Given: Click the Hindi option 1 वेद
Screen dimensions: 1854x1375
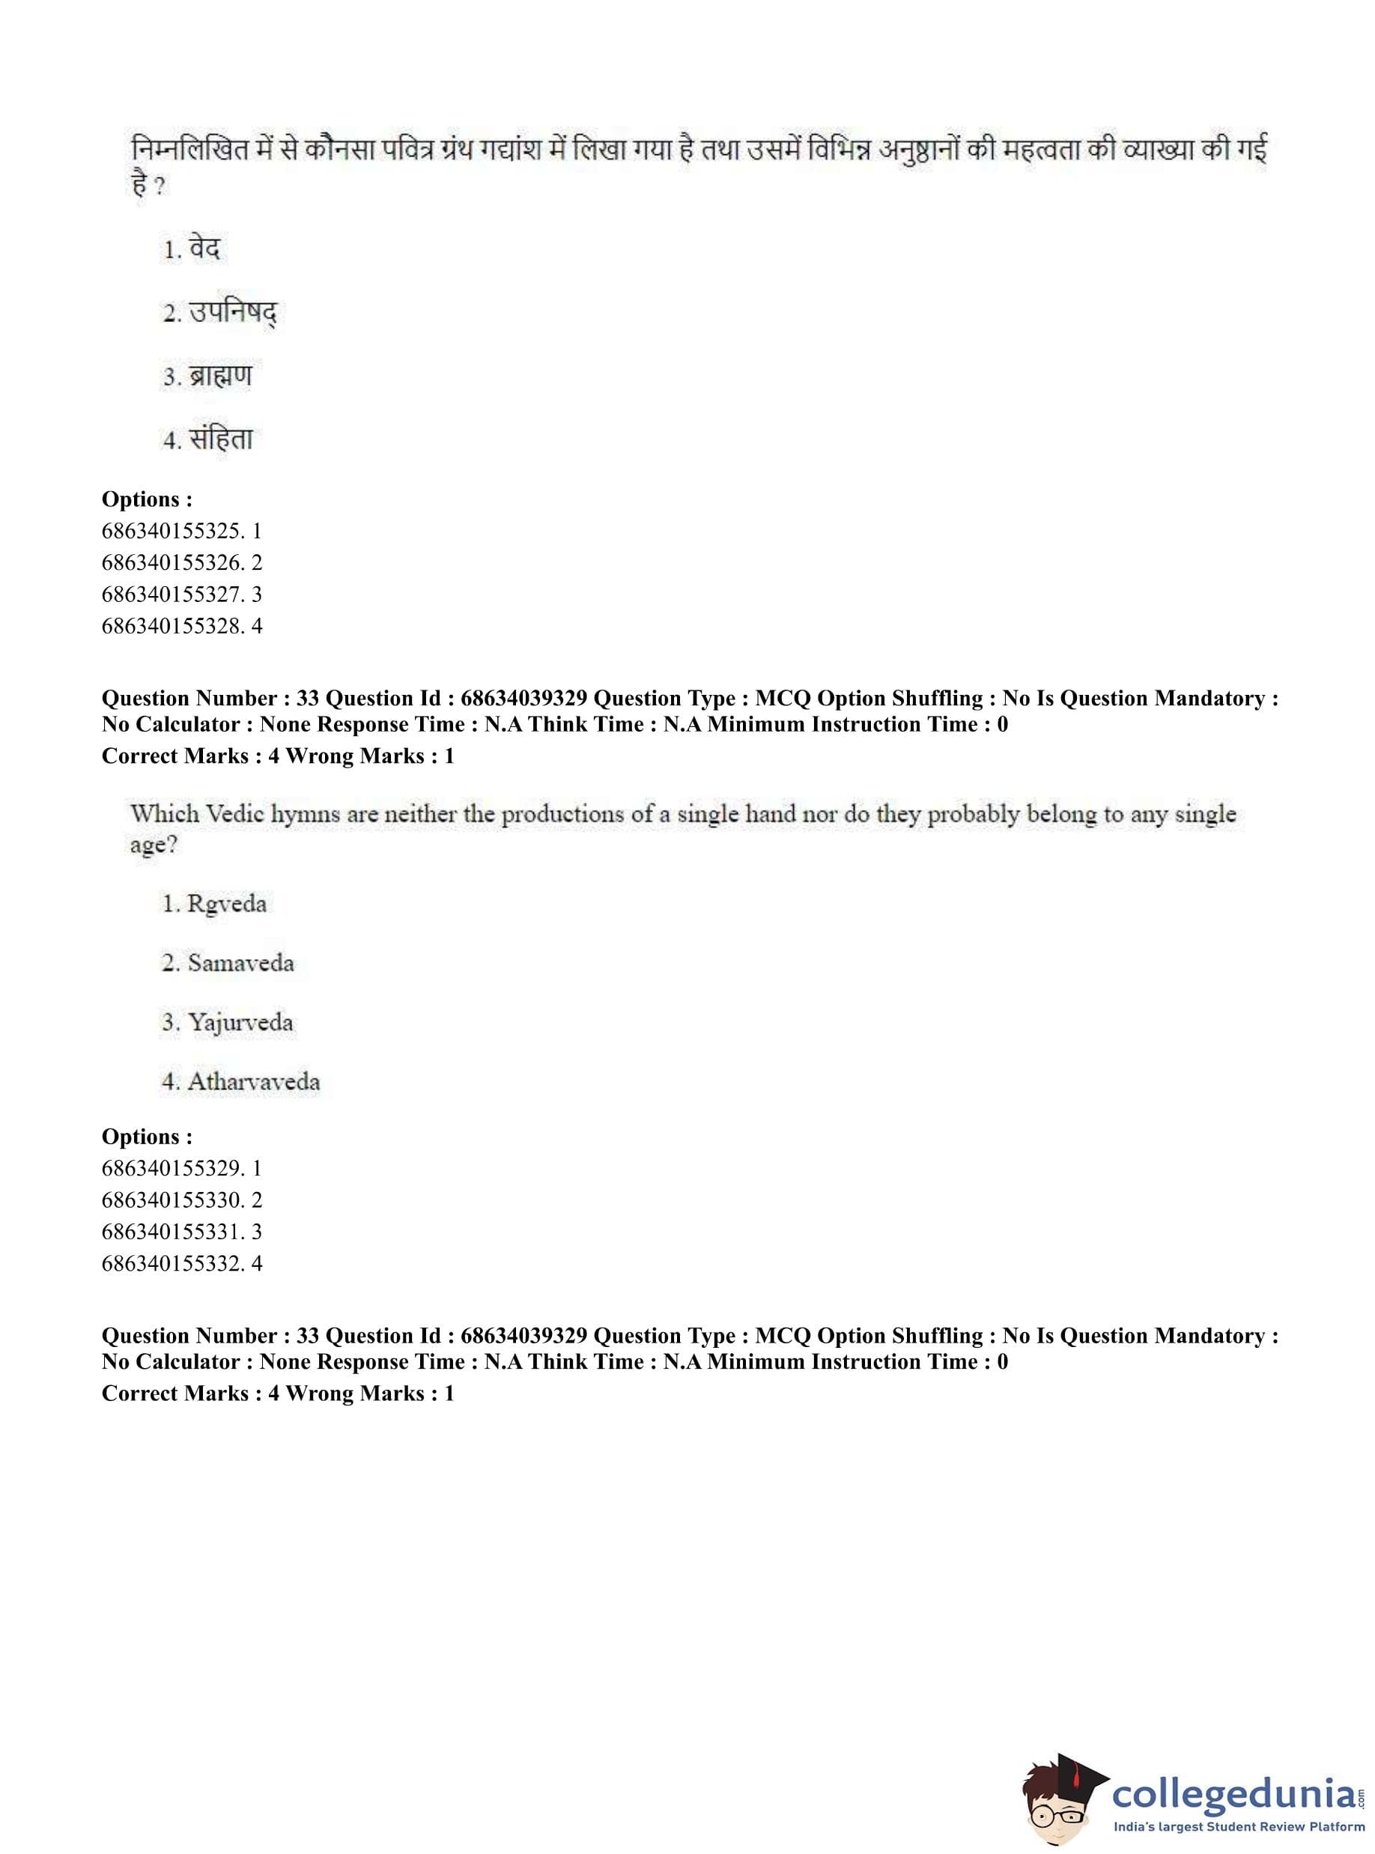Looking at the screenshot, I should (x=192, y=249).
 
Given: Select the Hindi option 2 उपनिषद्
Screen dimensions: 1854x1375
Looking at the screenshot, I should (x=219, y=313).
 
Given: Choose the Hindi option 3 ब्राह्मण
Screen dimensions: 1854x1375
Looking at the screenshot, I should (x=208, y=376).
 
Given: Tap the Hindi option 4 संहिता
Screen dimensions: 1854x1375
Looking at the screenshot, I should (x=209, y=440).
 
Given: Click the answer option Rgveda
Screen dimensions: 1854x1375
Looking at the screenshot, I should (x=215, y=904).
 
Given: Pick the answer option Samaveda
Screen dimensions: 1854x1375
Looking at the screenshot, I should (x=228, y=963).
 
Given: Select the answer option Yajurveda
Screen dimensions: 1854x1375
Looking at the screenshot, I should (x=228, y=1022).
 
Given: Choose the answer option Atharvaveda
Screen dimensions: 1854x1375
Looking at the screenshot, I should (x=241, y=1082).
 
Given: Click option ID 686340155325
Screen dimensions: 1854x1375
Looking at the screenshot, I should (x=181, y=531).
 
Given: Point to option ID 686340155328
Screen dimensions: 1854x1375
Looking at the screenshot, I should (x=181, y=626).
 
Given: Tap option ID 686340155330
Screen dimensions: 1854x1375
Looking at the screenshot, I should (x=181, y=1200).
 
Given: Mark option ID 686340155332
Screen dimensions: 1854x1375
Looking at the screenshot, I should (x=181, y=1263).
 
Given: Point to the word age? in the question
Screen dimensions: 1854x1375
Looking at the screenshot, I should (x=154, y=845).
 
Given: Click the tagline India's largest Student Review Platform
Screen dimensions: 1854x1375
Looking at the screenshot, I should (x=1239, y=1827).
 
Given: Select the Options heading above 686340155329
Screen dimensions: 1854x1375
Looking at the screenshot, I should (x=147, y=1137).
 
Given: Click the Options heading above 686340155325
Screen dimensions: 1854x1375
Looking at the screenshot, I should (x=147, y=499).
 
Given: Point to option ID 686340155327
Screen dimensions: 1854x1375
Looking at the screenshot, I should (x=181, y=594).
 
